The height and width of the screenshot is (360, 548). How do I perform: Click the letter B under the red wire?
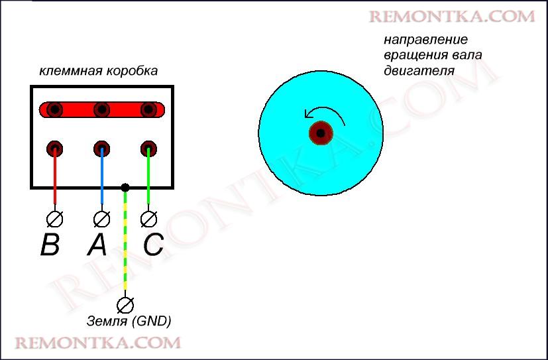click(50, 245)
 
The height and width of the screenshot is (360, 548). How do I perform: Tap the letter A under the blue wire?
click(97, 245)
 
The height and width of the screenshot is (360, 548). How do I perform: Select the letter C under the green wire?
click(153, 245)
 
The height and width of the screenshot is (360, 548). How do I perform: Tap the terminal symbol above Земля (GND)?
click(125, 304)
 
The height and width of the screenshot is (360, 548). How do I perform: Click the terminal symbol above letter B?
click(55, 218)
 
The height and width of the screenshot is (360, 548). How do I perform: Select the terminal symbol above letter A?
click(101, 218)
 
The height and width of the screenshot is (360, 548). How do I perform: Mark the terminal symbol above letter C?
click(149, 218)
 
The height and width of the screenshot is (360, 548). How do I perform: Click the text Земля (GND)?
click(129, 322)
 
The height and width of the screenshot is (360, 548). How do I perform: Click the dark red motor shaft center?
click(321, 133)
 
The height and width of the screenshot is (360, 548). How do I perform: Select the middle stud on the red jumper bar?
click(101, 109)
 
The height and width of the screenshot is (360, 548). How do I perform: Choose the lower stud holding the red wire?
click(55, 148)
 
